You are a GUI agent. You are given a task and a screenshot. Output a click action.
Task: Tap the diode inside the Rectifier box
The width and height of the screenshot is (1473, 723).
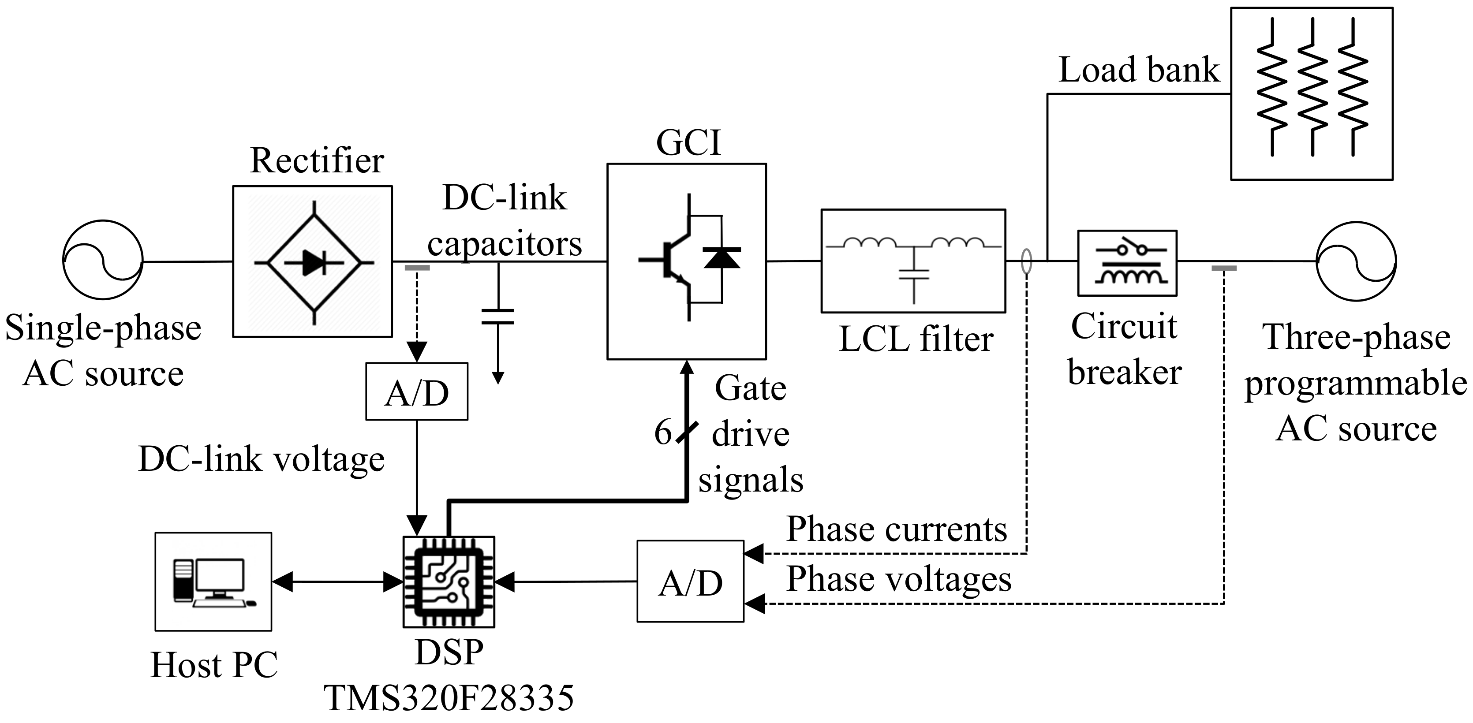[x=314, y=262]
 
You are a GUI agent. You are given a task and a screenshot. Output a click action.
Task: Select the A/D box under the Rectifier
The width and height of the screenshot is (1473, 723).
[x=417, y=392]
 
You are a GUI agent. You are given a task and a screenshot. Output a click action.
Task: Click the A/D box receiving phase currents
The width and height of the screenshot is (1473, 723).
[x=690, y=581]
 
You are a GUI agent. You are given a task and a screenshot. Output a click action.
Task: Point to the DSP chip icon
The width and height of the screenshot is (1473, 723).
[x=449, y=581]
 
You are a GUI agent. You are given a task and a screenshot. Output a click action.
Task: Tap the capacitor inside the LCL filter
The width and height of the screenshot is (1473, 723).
[x=914, y=273]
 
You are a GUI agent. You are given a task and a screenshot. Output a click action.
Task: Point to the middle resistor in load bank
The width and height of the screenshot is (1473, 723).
[x=1312, y=86]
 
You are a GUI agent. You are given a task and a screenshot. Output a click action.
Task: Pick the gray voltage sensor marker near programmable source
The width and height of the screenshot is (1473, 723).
[x=1224, y=268]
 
